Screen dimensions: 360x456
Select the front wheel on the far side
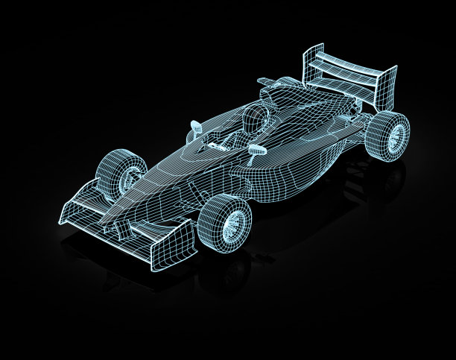tap(127, 173)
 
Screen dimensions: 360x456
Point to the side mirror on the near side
tap(257, 148)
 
